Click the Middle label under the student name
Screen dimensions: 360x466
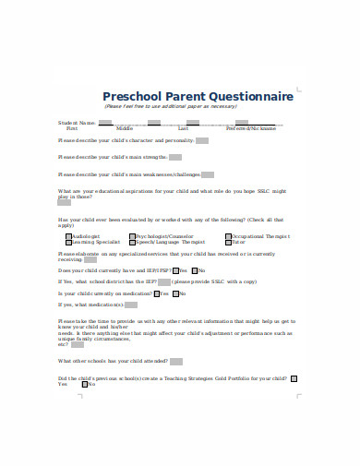125,128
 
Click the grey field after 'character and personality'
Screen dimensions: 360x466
201,140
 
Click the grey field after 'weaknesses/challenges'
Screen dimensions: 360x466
207,173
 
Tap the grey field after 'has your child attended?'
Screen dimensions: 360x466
176,362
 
